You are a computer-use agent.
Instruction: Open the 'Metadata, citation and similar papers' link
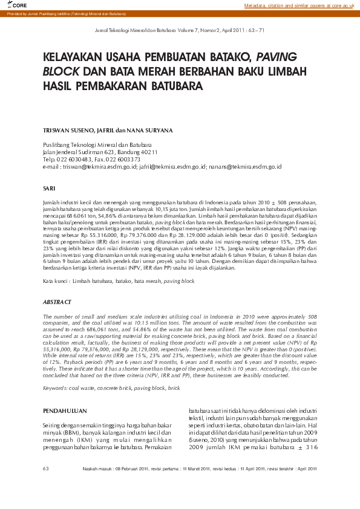299,5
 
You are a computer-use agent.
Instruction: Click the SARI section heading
50,189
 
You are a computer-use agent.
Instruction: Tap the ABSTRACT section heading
57,302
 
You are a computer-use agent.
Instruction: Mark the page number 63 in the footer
46,468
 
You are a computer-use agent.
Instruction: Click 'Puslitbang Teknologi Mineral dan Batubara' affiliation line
97,145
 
